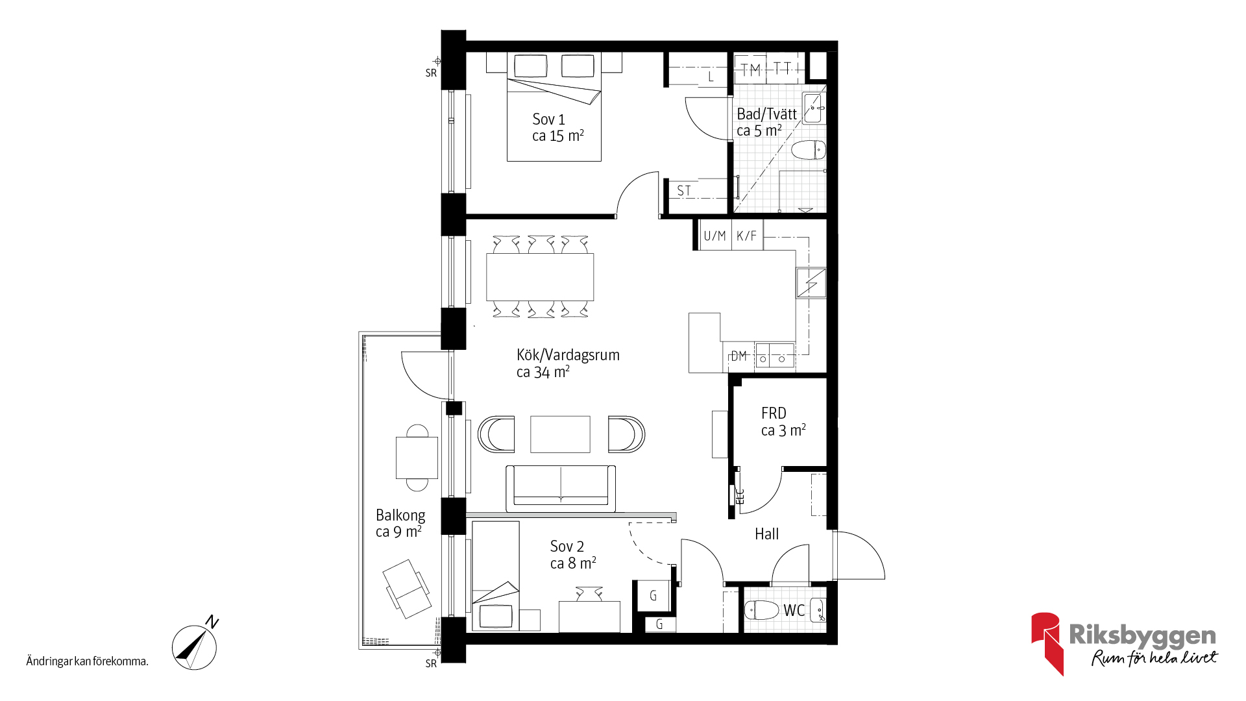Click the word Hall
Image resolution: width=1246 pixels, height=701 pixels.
point(766,534)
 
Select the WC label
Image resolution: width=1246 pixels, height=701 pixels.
point(794,610)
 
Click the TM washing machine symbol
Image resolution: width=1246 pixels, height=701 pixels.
point(750,69)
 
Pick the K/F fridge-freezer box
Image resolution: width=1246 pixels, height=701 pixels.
point(747,235)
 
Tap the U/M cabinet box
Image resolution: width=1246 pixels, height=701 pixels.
point(715,235)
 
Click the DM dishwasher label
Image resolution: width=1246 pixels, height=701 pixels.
point(739,356)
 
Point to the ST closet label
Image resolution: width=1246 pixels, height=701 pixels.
point(684,191)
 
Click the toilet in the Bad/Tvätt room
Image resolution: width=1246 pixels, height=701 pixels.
point(809,150)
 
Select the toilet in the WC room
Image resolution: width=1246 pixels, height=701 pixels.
point(761,610)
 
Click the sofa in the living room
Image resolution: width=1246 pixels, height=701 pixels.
point(561,488)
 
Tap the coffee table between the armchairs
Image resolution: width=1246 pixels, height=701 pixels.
point(560,434)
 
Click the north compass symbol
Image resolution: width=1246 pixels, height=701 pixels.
point(195,645)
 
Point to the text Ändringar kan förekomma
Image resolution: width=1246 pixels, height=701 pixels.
point(88,661)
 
